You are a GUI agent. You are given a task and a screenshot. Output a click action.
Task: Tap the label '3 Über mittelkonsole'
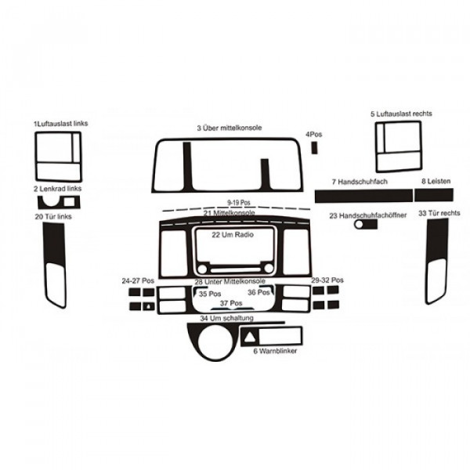(x=230, y=127)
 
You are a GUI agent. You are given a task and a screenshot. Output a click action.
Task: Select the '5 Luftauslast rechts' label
(x=400, y=114)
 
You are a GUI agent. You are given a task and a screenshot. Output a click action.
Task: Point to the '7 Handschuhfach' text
(x=355, y=181)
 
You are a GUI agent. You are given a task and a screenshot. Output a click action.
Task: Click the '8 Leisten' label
(x=435, y=181)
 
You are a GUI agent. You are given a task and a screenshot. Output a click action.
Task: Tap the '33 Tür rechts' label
(x=439, y=213)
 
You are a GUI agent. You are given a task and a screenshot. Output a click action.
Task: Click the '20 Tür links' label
(x=53, y=215)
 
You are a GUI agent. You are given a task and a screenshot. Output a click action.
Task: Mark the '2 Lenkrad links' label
(x=57, y=189)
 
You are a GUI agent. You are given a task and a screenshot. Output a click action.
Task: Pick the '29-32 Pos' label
(x=327, y=280)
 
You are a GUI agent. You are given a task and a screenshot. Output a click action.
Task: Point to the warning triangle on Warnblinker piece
(x=251, y=338)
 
